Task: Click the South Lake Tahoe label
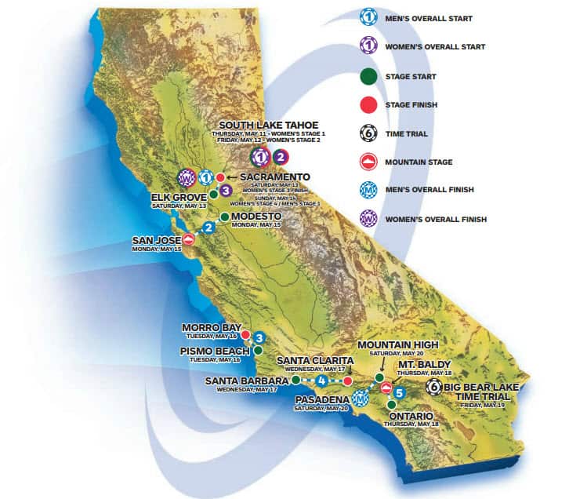[x=268, y=125]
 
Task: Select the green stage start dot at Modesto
[x=224, y=217]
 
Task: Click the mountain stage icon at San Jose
[x=188, y=239]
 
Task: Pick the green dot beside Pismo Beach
[x=258, y=351]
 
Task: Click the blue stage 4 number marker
[x=321, y=381]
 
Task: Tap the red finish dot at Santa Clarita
[x=347, y=381]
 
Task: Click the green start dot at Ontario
[x=391, y=405]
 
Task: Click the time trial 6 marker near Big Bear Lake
[x=433, y=386]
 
